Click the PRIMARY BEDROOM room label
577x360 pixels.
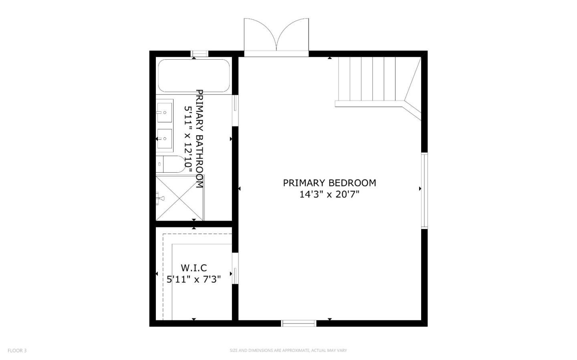pos(329,183)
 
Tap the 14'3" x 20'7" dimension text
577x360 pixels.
pos(329,195)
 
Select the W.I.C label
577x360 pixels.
pos(194,267)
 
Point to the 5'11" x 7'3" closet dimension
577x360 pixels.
pos(194,279)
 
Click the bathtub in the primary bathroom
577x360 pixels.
pos(194,76)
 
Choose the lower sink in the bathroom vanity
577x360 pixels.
pos(165,139)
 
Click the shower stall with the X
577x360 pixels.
pos(180,197)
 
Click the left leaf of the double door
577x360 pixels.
pos(260,35)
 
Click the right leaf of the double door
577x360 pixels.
pos(293,35)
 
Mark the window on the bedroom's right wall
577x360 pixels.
pos(424,190)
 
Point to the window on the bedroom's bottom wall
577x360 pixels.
pos(299,323)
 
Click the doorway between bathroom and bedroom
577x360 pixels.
pos(236,111)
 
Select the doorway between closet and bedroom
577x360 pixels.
pos(236,269)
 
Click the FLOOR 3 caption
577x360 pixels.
pos(17,350)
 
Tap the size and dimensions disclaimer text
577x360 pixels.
pos(288,350)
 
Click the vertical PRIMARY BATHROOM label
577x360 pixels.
pos(199,139)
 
